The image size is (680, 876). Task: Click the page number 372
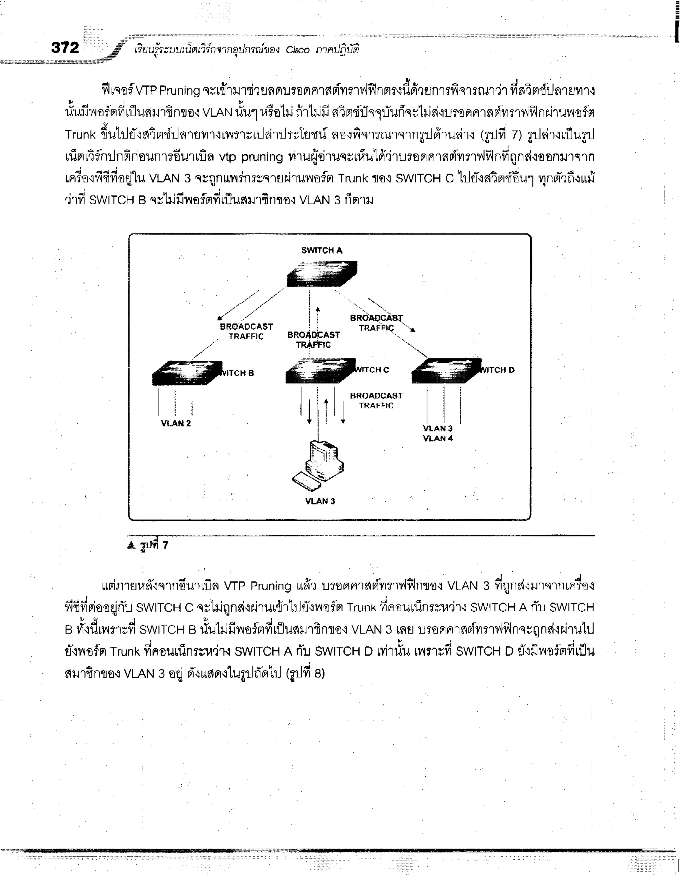coord(65,48)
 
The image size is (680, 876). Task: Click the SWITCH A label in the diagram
coord(321,250)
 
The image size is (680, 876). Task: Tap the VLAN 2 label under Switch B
coord(176,423)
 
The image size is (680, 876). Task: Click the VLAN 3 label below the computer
coord(320,501)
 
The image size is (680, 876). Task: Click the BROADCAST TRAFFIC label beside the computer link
coord(376,400)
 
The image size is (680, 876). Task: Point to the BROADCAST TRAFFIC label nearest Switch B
coord(246,331)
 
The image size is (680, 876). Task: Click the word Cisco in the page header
coord(297,50)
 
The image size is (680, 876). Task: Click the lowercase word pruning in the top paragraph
coord(262,157)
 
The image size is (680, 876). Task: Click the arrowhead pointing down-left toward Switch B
coord(219,318)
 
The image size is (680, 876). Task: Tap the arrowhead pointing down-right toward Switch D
coord(413,330)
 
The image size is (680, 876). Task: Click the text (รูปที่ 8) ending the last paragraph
coord(305,673)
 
